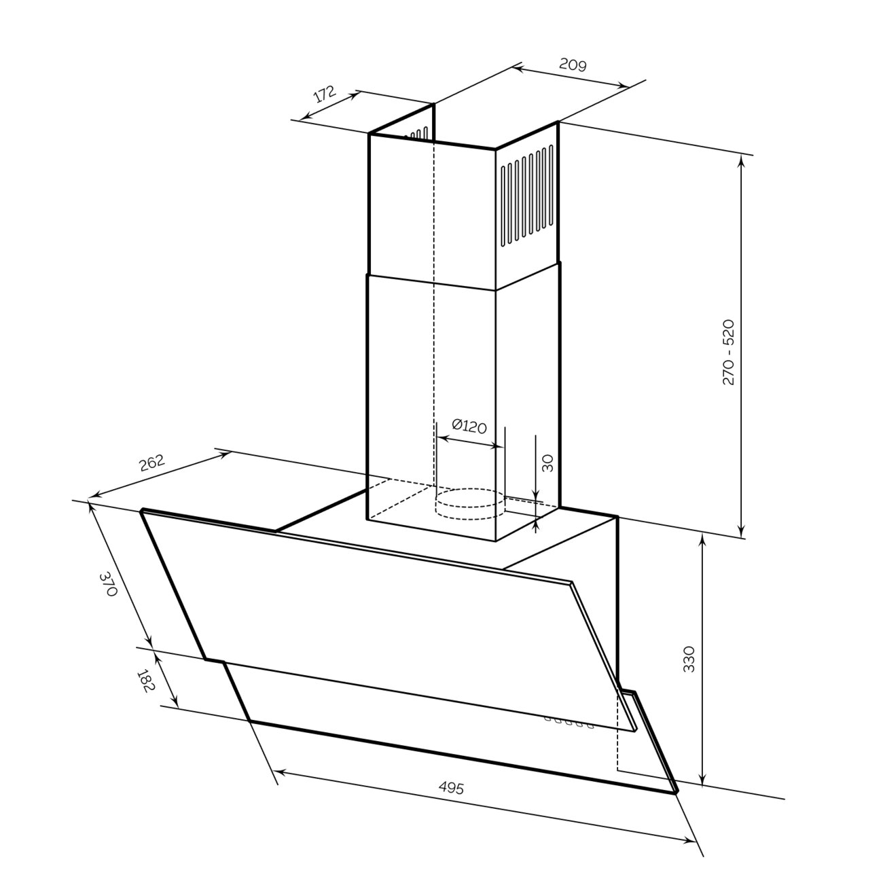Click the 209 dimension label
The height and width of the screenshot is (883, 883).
click(573, 65)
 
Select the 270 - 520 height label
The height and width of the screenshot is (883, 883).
click(728, 352)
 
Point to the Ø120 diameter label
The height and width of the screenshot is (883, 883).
click(469, 426)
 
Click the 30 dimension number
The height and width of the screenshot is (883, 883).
click(547, 463)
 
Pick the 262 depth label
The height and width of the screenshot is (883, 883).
click(151, 463)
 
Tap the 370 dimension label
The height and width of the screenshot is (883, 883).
click(109, 583)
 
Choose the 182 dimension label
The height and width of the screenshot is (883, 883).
click(146, 681)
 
